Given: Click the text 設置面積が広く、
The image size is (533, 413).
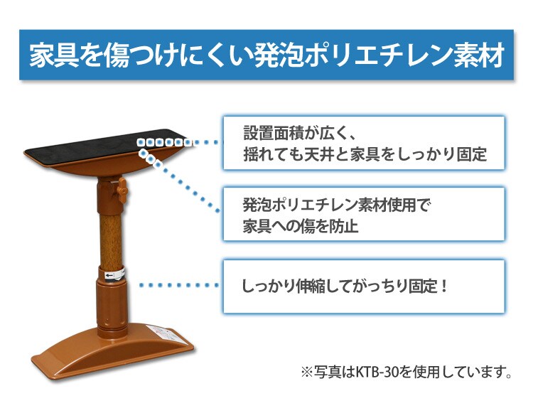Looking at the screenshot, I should coord(298,133).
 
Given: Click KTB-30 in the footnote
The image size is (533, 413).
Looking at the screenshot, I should coord(377,371).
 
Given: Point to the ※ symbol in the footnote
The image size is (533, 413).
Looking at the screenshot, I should coord(307,372).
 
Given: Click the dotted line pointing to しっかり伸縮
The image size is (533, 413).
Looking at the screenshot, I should coord(178,285).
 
